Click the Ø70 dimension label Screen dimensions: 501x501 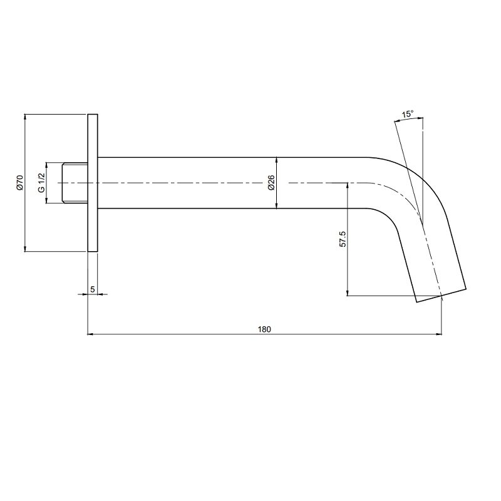(19, 182)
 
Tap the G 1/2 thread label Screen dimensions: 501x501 (41, 183)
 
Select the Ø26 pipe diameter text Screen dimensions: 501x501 (271, 183)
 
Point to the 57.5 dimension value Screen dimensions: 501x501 (343, 239)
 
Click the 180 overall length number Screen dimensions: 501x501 (264, 329)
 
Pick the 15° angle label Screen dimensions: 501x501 (408, 114)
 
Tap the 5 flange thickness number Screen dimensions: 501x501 (92, 289)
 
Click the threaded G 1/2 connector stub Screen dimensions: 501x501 (75, 183)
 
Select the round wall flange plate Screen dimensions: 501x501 (93, 183)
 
